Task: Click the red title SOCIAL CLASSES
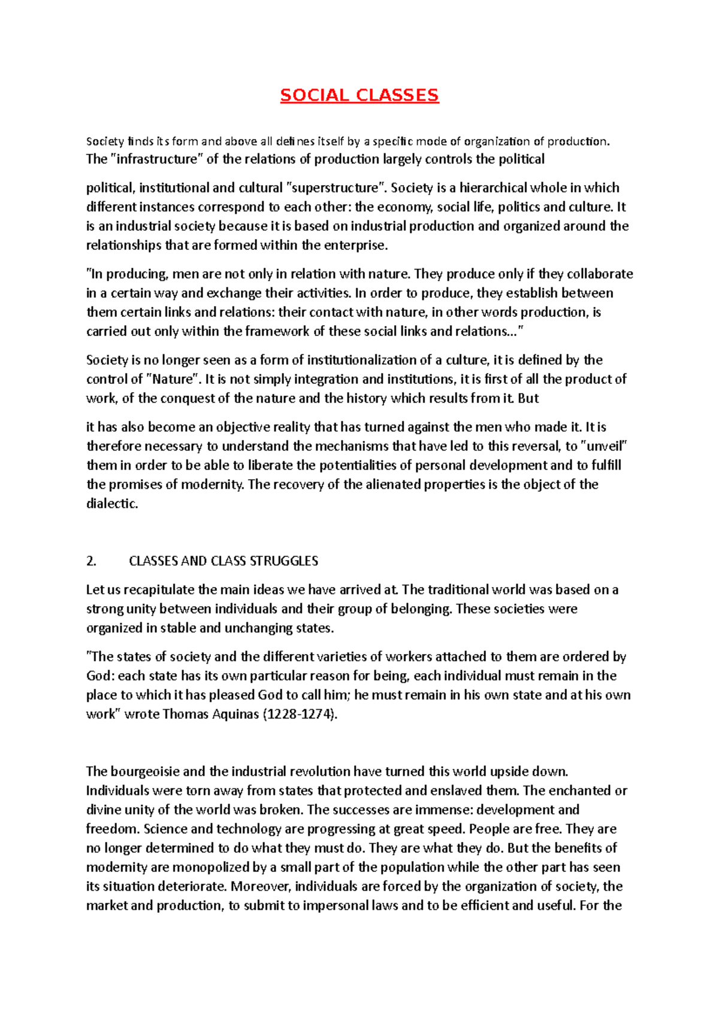point(359,95)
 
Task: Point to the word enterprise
point(356,246)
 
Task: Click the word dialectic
point(112,504)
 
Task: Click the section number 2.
point(91,561)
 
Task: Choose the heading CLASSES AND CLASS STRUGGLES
point(223,561)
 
